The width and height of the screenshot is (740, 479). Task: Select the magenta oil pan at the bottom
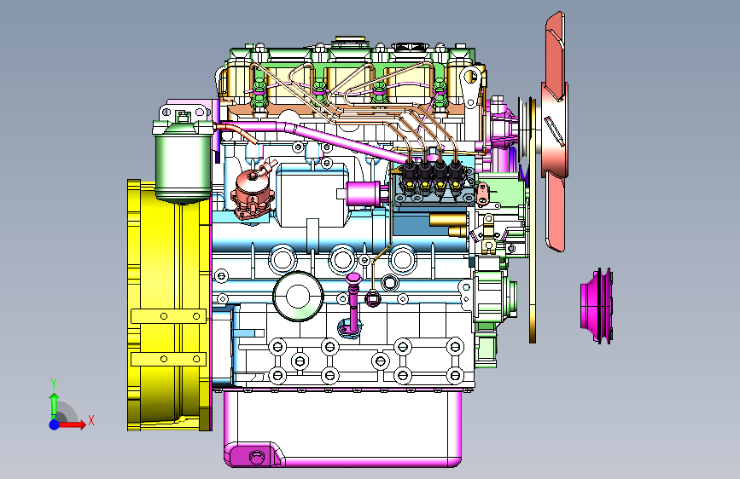tap(342, 428)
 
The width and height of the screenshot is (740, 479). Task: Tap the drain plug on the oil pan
tap(256, 457)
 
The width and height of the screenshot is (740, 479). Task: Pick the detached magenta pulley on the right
tap(597, 305)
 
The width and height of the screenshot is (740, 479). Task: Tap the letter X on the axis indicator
tap(91, 420)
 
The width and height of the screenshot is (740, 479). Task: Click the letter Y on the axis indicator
tap(54, 384)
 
